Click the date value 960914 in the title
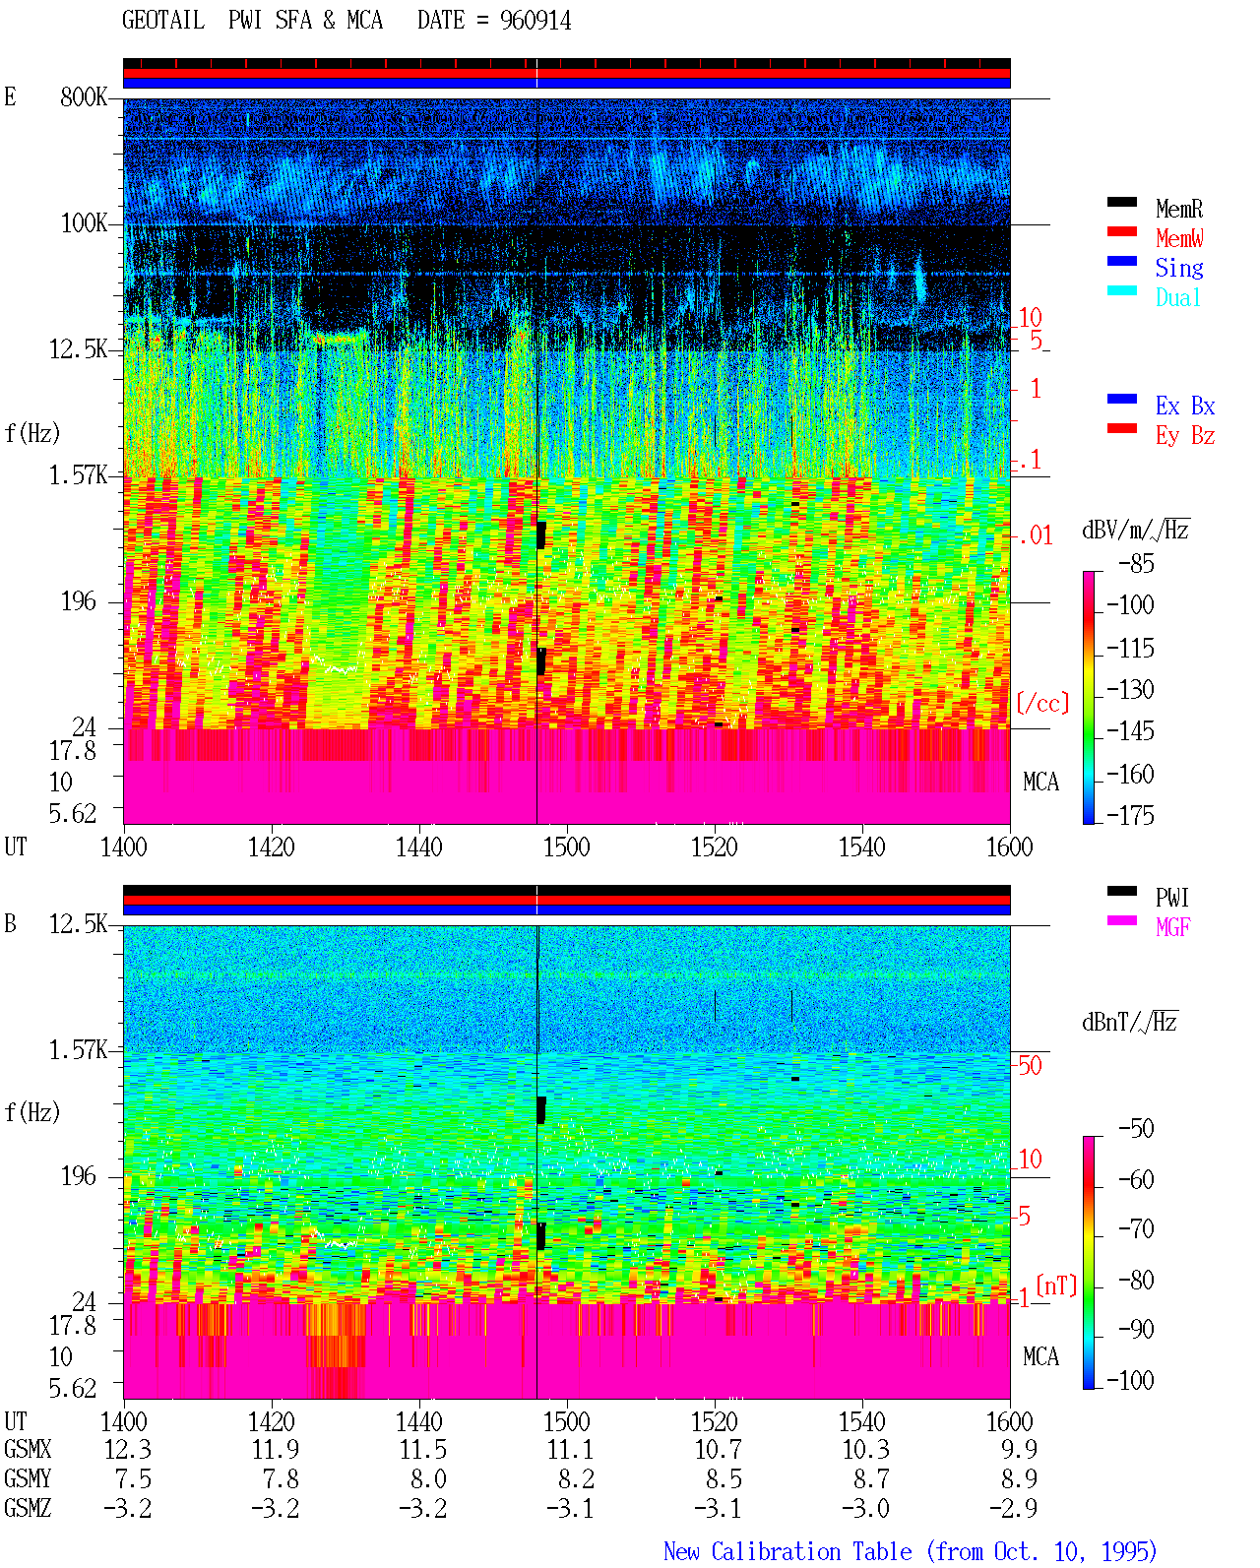point(535,21)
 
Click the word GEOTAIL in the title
point(162,21)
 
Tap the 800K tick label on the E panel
point(83,96)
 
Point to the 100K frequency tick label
point(83,223)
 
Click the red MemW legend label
point(1178,238)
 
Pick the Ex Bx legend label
point(1184,406)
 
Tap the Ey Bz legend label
point(1184,436)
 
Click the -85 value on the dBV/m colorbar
point(1136,563)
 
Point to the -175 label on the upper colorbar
point(1130,815)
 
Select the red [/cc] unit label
point(1042,703)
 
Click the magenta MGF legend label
point(1172,927)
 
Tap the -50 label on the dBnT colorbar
point(1136,1128)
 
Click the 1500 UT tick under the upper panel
point(566,847)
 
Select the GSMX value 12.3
point(128,1450)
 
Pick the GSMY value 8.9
point(1019,1479)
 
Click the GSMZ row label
point(28,1508)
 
